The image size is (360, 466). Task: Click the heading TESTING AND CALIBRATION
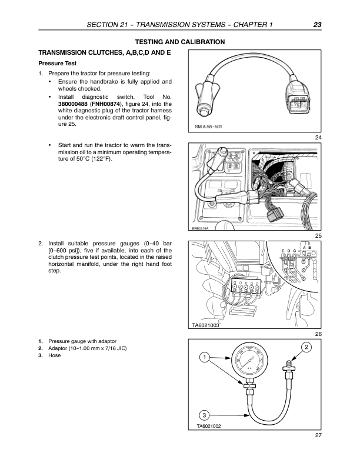(x=180, y=42)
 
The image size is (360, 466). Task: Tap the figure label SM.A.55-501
(x=208, y=127)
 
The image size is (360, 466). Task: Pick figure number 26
(x=318, y=334)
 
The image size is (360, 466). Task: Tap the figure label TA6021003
(x=205, y=325)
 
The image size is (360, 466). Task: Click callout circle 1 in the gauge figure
(x=204, y=357)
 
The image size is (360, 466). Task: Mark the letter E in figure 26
(x=283, y=251)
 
